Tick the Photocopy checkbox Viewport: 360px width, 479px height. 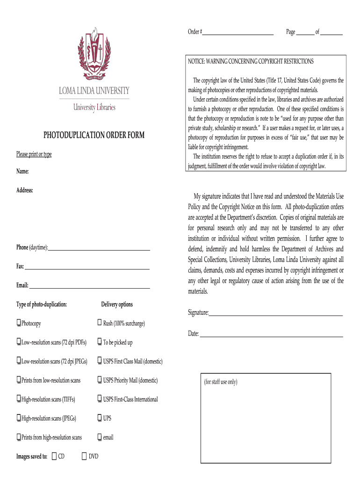tap(19, 323)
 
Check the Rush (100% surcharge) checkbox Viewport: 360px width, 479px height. tap(100, 323)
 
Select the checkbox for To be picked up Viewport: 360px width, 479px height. tap(100, 342)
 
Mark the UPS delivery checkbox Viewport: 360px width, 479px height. tap(100, 418)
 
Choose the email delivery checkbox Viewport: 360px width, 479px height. tap(100, 437)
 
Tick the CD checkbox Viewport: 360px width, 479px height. tap(54, 456)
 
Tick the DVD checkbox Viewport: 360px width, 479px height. tap(85, 456)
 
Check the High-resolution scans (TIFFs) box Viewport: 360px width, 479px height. tap(19, 399)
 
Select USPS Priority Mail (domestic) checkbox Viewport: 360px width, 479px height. tap(100, 380)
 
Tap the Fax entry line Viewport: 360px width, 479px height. tap(87, 268)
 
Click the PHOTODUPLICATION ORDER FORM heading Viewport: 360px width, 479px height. tap(94, 135)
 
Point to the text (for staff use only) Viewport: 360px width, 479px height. tap(220, 382)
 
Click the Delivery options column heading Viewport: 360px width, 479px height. tap(117, 305)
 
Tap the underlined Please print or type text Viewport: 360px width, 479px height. tap(34, 154)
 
